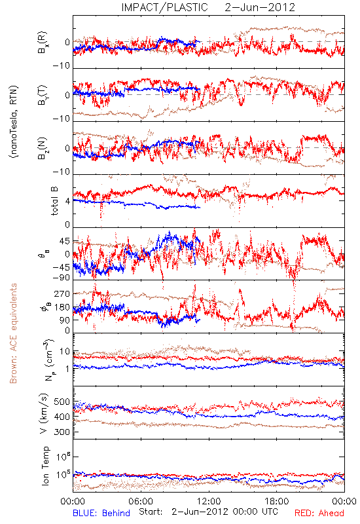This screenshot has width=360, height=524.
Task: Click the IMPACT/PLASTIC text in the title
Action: pyautogui.click(x=164, y=7)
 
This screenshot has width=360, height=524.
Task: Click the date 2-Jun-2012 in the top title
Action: pyautogui.click(x=260, y=7)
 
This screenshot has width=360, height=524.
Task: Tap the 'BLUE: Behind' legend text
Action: pyautogui.click(x=101, y=513)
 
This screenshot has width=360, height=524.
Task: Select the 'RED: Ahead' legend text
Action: pyautogui.click(x=319, y=513)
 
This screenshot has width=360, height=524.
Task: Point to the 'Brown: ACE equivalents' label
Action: pyautogui.click(x=13, y=333)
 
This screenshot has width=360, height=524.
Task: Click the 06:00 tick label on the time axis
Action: pyautogui.click(x=141, y=501)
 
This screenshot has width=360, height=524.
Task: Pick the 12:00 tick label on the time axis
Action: pyautogui.click(x=209, y=501)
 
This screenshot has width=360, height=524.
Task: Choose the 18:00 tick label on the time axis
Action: pyautogui.click(x=277, y=501)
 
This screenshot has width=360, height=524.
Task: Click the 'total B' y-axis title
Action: pyautogui.click(x=54, y=201)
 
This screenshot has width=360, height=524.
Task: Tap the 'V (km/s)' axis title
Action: pyautogui.click(x=44, y=413)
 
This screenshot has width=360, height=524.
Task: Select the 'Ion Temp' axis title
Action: pyautogui.click(x=45, y=466)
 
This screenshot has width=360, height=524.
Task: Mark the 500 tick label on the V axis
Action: pyautogui.click(x=62, y=402)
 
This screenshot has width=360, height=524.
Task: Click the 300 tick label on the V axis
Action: pyautogui.click(x=62, y=432)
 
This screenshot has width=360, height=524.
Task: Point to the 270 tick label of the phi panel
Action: pyautogui.click(x=62, y=293)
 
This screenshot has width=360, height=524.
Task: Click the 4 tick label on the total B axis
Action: pyautogui.click(x=68, y=201)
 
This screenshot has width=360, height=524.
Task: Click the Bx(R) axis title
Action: pyautogui.click(x=43, y=43)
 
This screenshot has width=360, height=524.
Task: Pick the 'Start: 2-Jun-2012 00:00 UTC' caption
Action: pyautogui.click(x=208, y=512)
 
